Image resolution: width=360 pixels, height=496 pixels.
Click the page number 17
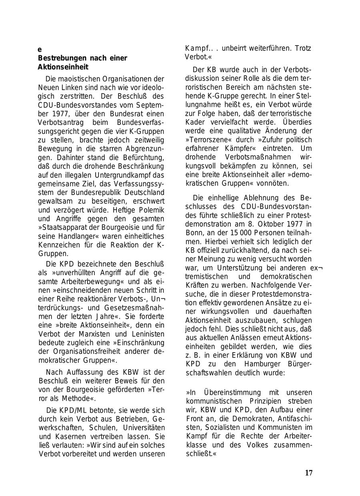point(308,473)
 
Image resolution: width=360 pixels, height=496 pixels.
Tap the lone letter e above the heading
point(40,50)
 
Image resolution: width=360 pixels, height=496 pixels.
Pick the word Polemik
point(150,210)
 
